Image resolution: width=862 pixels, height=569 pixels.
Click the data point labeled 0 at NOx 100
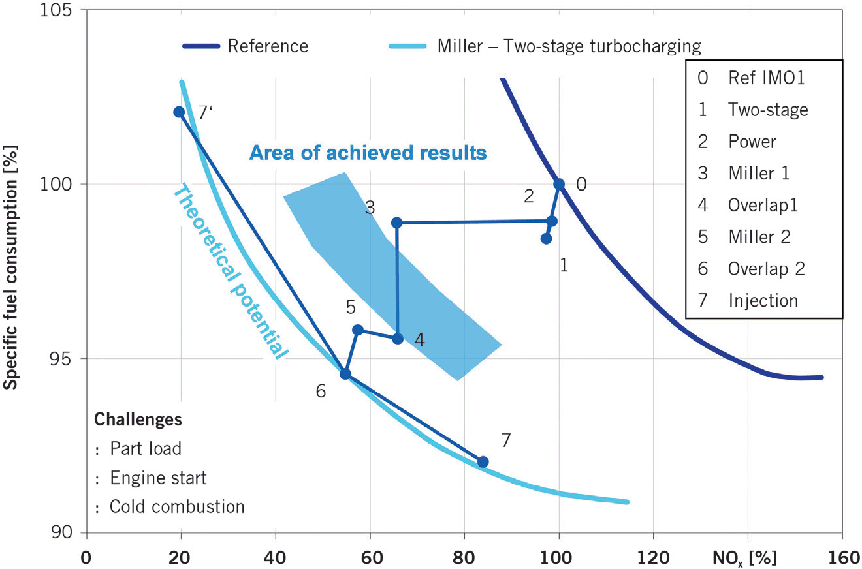[x=559, y=184]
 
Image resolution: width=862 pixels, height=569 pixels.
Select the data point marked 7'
[x=179, y=112]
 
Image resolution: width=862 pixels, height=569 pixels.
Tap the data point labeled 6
[x=345, y=374]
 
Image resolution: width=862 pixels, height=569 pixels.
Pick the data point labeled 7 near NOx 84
[x=483, y=462]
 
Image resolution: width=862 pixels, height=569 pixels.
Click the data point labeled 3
[x=396, y=223]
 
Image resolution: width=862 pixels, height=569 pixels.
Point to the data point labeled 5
[x=358, y=330]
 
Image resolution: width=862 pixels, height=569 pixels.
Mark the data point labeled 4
[x=398, y=338]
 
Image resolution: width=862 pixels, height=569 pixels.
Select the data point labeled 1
[x=546, y=239]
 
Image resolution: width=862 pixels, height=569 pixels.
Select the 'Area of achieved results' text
[x=368, y=153]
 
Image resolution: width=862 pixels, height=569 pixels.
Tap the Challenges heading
[x=137, y=419]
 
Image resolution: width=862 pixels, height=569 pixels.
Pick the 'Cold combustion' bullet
[x=176, y=506]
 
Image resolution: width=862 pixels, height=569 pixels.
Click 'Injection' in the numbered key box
[x=763, y=300]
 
